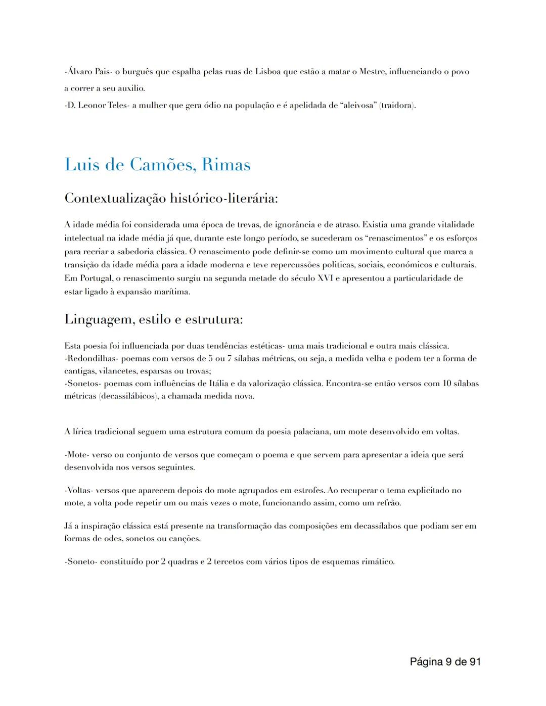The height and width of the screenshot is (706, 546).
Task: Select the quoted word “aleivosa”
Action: pyautogui.click(x=359, y=106)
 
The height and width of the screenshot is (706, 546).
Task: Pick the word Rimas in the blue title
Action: pyautogui.click(x=225, y=165)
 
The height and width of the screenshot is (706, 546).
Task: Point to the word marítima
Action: pyautogui.click(x=175, y=292)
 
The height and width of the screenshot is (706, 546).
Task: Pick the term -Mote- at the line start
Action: pyautogui.click(x=76, y=455)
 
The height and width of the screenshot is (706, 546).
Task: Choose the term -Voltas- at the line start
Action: pyautogui.click(x=79, y=491)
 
